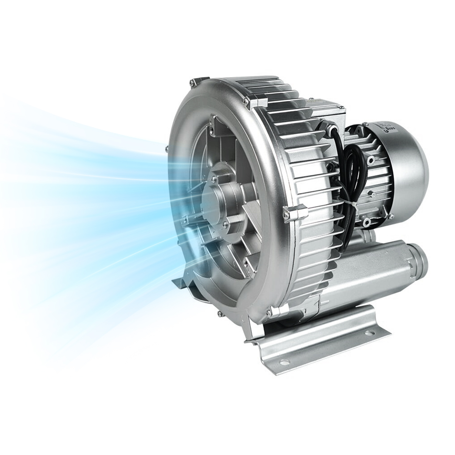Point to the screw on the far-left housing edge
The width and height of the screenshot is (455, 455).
(x=167, y=149)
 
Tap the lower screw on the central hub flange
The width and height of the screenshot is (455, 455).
(x=225, y=224)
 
